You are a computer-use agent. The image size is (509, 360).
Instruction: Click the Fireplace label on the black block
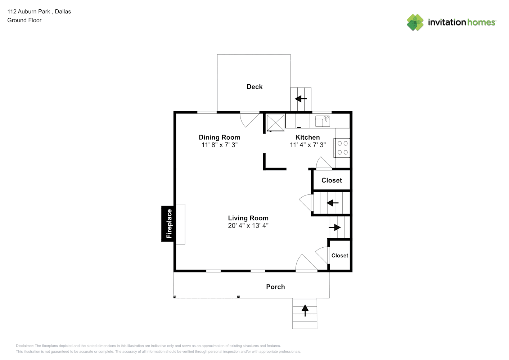click(x=169, y=224)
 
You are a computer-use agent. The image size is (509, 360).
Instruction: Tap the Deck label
click(x=254, y=87)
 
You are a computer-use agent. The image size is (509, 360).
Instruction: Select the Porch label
click(x=275, y=287)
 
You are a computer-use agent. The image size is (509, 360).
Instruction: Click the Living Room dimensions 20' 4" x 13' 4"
click(x=248, y=225)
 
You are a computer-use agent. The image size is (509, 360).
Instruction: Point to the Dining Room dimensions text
click(x=220, y=145)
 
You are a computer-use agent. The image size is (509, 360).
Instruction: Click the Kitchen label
click(x=308, y=137)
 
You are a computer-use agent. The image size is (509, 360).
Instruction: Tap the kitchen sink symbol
click(x=323, y=121)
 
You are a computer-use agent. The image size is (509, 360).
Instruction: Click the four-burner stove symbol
click(x=342, y=148)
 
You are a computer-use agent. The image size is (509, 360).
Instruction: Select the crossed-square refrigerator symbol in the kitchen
click(x=275, y=123)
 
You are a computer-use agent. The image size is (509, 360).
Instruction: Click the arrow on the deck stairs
click(x=301, y=99)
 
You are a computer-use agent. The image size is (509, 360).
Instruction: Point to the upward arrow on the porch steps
click(x=305, y=310)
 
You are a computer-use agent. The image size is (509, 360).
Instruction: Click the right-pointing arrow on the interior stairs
click(x=335, y=227)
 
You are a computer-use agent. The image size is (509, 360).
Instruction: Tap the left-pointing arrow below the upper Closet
click(x=333, y=203)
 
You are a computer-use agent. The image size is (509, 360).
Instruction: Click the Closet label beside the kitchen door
click(x=332, y=180)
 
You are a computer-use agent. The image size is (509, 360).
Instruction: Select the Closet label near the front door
click(x=340, y=256)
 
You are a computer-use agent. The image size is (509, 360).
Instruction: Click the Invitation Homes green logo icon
click(x=415, y=22)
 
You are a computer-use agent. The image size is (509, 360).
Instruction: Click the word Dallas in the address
click(x=63, y=12)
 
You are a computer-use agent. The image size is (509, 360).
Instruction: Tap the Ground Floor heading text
click(x=24, y=20)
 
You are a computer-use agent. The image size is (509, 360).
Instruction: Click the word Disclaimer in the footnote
click(x=24, y=346)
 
